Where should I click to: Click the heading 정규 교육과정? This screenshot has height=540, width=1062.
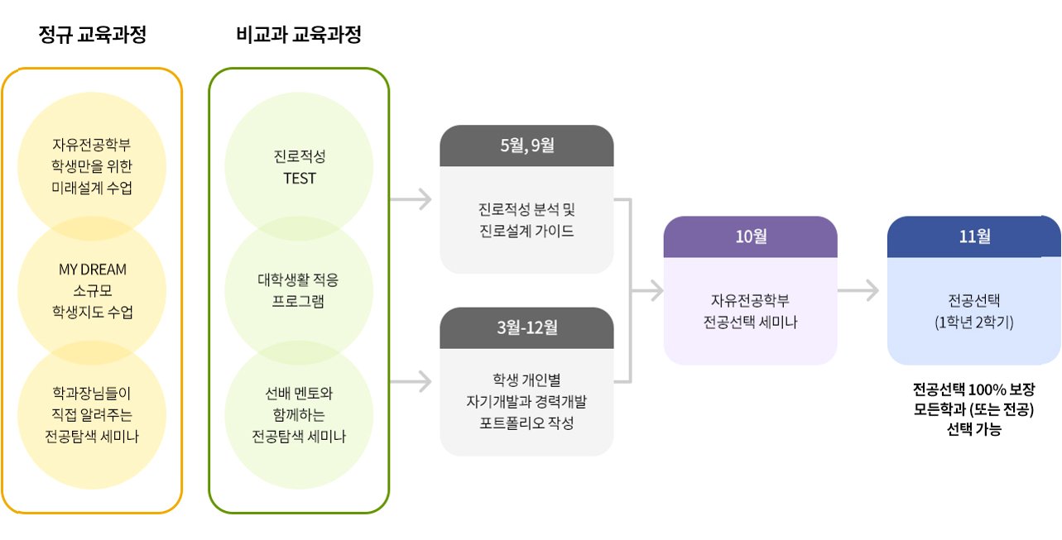click(92, 35)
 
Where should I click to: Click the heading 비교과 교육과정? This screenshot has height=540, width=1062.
click(298, 35)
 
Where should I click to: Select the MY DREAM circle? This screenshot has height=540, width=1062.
click(92, 290)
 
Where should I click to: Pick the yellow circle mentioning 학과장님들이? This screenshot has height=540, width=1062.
click(92, 414)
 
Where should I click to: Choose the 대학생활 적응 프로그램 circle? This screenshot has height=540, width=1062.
click(298, 290)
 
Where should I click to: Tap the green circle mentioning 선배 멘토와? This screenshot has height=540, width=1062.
click(298, 414)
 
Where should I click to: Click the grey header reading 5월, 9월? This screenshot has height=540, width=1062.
click(526, 146)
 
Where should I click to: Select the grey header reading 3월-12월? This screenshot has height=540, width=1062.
click(526, 327)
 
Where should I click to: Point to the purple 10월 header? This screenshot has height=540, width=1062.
click(751, 237)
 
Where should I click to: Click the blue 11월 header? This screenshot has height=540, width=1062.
click(973, 237)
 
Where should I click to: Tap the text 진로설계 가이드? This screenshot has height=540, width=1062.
click(526, 231)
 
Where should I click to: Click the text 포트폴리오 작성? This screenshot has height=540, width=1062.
click(526, 423)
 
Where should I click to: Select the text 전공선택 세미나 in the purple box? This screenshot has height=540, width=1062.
click(750, 322)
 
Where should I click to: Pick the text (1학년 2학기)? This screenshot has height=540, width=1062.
click(973, 322)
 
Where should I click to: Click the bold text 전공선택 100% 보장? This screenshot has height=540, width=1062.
click(973, 389)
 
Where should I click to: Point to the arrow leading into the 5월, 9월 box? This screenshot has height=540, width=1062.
click(411, 199)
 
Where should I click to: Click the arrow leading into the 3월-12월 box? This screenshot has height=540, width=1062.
click(411, 381)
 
